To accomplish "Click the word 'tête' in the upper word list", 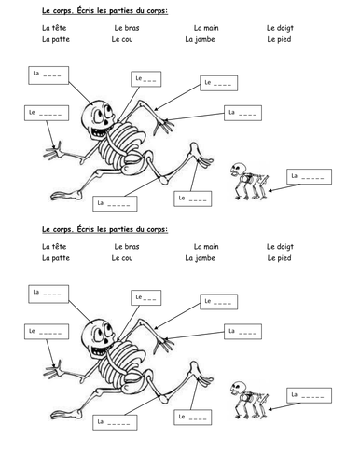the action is coord(59,28).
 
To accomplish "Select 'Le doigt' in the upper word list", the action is coord(280,28).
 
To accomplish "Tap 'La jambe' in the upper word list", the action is coord(200,39).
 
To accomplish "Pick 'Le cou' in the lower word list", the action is coord(122,258).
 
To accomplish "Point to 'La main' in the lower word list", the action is coord(206,247).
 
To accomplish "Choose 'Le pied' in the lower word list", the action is coord(279,258).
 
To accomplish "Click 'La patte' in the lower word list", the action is coord(56,258).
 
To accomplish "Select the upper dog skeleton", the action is coord(249,181).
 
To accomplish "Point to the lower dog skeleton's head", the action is coord(238,389).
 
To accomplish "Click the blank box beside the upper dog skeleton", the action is coord(309,176).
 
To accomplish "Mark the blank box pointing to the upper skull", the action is coord(48,75).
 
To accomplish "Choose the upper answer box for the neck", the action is coord(145,79).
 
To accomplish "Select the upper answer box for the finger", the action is coord(47,113).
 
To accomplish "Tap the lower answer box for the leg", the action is coord(115,422).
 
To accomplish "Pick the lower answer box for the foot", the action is coord(192,418).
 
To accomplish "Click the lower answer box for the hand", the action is coord(242,332).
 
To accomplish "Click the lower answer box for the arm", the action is coord(218,302).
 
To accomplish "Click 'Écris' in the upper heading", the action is coord(86,11).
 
